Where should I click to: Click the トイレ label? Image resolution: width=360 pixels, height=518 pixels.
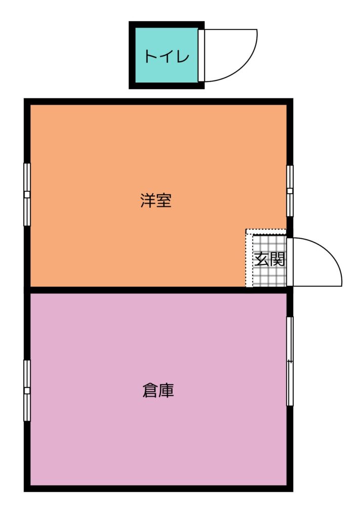[x=167, y=57]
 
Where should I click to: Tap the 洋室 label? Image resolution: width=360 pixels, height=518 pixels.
[x=156, y=200]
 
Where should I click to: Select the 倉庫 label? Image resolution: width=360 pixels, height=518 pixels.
[x=158, y=390]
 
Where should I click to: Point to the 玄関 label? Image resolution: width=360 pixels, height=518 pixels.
[x=269, y=259]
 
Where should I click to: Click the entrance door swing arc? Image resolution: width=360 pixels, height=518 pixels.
[x=331, y=254]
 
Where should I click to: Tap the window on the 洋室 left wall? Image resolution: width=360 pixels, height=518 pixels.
[x=27, y=194]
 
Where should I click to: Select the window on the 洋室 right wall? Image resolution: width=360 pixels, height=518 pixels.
[x=290, y=191]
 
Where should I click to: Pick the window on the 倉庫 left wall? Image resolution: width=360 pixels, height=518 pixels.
[x=27, y=390]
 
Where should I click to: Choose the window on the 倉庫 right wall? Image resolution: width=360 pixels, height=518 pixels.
[x=290, y=361]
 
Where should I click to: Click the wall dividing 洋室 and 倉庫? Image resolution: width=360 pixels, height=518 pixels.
[x=158, y=290]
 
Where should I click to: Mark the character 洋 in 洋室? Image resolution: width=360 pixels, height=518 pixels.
[x=148, y=200]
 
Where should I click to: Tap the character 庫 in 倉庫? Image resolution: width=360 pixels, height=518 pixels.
[x=166, y=390]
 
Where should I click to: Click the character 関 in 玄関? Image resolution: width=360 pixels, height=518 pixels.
[x=277, y=259]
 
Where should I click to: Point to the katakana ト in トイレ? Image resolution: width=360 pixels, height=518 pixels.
[x=150, y=57]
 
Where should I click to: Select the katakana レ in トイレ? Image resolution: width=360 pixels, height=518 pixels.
[x=183, y=57]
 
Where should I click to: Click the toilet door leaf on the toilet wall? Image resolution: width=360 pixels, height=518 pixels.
[x=202, y=55]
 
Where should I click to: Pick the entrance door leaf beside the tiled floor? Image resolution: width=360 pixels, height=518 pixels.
[x=290, y=262]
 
